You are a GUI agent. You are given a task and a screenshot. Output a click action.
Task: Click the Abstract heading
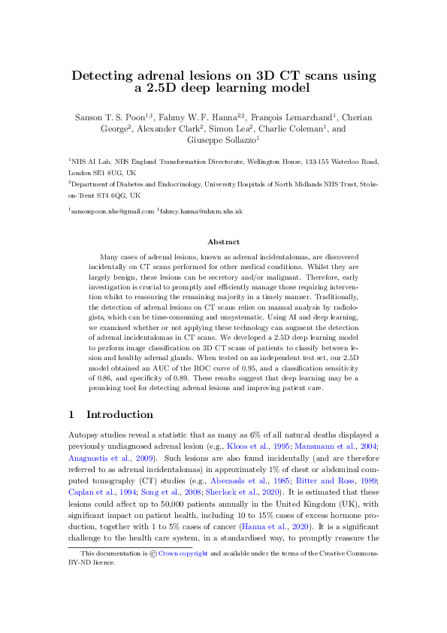(x=223, y=242)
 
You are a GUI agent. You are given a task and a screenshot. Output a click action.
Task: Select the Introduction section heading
(x=119, y=415)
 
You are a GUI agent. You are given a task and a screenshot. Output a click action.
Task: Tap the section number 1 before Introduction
(x=71, y=415)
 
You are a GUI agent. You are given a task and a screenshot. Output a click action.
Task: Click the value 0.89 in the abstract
(x=186, y=388)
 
